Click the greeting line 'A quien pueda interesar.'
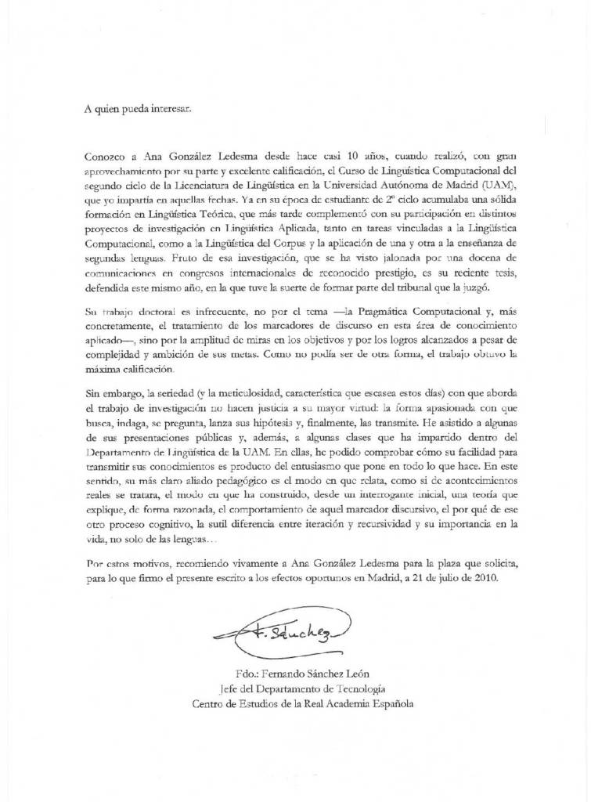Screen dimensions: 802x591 point(137,109)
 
